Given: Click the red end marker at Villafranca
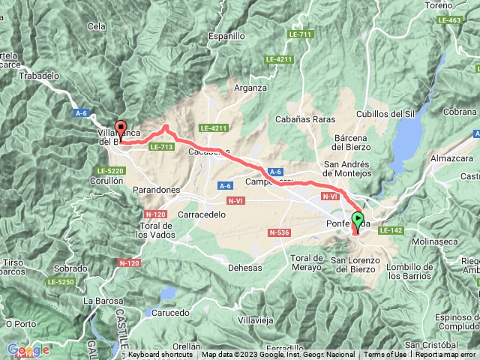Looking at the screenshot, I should tap(120, 128).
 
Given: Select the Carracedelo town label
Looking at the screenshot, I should tap(202, 214).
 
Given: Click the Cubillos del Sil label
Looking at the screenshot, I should tap(385, 114).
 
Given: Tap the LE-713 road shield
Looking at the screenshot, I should tap(161, 147).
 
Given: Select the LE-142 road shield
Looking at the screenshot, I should tap(391, 230).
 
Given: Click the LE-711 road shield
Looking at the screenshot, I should tap(299, 34).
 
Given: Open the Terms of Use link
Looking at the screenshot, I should tap(385, 355).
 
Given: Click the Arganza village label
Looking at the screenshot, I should tap(250, 88).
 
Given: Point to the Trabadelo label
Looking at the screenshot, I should tap(40, 76).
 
